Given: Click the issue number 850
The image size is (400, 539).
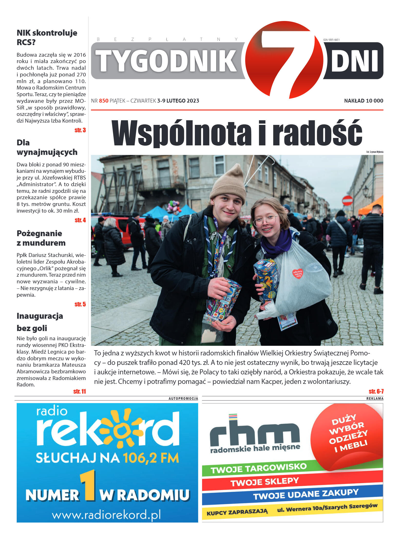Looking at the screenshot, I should tap(104, 101).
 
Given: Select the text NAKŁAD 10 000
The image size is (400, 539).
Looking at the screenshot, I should tap(363, 101).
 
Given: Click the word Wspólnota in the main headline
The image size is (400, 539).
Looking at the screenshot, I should tap(181, 133).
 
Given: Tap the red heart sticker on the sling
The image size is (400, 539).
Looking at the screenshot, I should tap(298, 273).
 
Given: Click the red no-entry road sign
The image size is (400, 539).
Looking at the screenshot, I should tap(347, 201).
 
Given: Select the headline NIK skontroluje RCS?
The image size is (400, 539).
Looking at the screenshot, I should tap(47, 37).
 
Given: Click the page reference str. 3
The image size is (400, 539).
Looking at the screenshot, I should tap(80, 130).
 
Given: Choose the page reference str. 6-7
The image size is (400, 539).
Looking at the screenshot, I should tap(376, 391).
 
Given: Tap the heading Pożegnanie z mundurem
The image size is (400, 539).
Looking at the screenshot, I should tap(41, 238).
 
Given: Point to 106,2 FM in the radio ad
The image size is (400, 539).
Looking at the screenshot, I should tap(151, 458).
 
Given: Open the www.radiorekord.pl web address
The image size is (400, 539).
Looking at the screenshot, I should tap(107, 515).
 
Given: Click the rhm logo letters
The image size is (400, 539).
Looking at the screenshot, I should tap(254, 433).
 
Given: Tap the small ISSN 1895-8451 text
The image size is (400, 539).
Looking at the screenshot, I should tap(331, 40).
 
